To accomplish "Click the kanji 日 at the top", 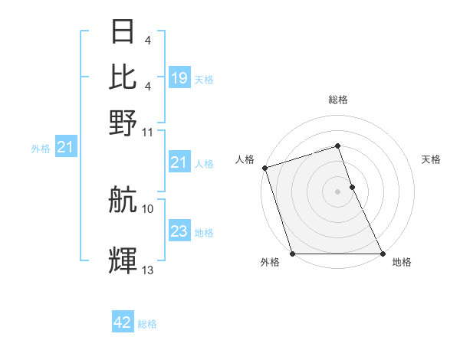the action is pyautogui.click(x=123, y=32).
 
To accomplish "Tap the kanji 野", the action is pyautogui.click(x=123, y=120).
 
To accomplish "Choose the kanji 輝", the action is pyautogui.click(x=123, y=260).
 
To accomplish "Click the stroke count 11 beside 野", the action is pyautogui.click(x=148, y=132).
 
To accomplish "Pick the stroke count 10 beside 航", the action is pyautogui.click(x=148, y=208).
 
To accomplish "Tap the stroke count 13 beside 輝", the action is pyautogui.click(x=148, y=269).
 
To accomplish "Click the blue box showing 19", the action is pyautogui.click(x=179, y=77).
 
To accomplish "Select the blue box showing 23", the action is pyautogui.click(x=179, y=231).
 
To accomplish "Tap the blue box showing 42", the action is pyautogui.click(x=123, y=322).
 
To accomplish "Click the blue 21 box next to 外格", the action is pyautogui.click(x=64, y=147).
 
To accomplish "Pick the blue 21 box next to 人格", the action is pyautogui.click(x=179, y=162).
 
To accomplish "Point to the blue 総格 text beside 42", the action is pyautogui.click(x=147, y=324).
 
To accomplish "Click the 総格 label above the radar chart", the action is pyautogui.click(x=337, y=100).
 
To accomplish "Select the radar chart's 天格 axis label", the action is pyautogui.click(x=432, y=159).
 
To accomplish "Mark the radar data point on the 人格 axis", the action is pyautogui.click(x=264, y=168).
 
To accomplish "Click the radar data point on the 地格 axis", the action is pyautogui.click(x=382, y=254).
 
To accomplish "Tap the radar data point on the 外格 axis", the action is pyautogui.click(x=292, y=254).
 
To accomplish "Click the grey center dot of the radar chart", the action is pyautogui.click(x=337, y=191).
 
